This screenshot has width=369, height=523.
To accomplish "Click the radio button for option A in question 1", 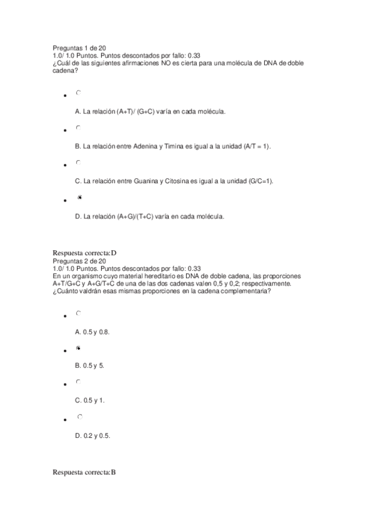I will point(78,93).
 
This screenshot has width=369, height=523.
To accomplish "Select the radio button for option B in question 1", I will point(78,128).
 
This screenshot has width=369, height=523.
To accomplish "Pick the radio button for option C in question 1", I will point(78,163).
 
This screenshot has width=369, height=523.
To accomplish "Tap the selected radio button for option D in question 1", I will point(79,197).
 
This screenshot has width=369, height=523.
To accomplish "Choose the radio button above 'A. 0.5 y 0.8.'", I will point(78,313).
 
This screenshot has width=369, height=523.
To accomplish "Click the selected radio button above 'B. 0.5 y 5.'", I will point(78,348).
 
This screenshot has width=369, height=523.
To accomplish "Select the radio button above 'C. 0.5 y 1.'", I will point(78,382).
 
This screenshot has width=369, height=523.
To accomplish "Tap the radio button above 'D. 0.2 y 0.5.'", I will point(79,418).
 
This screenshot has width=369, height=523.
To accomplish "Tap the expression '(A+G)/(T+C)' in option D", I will point(134,216).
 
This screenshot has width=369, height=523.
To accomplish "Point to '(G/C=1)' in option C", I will point(261,181).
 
